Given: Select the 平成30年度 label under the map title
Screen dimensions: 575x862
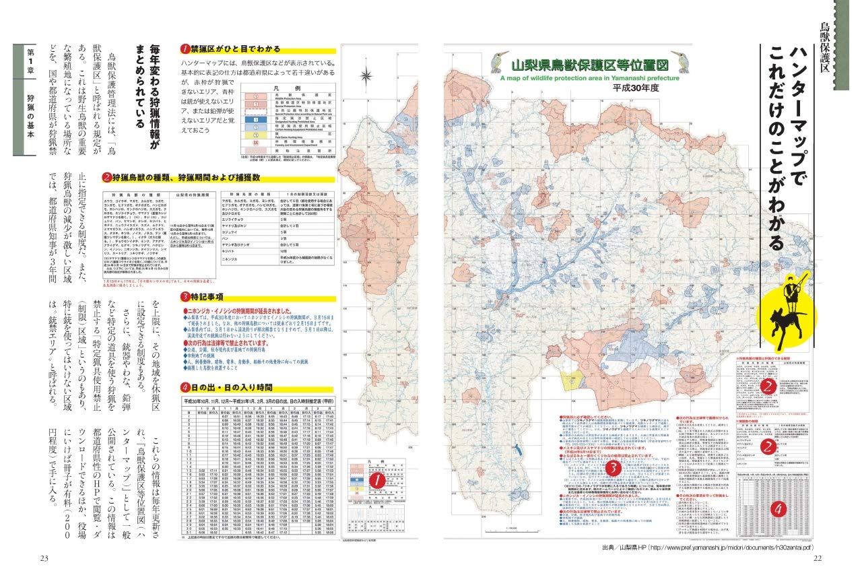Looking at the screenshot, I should (x=635, y=88).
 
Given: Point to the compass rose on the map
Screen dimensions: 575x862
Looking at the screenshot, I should (x=367, y=73).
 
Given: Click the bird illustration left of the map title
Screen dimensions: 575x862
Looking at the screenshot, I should (x=500, y=62).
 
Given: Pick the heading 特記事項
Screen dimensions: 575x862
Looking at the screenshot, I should (x=210, y=296).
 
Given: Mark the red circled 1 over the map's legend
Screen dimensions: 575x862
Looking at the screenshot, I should (x=377, y=481).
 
